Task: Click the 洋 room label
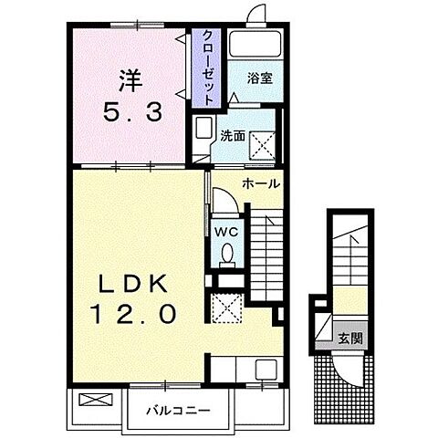pos(130,81)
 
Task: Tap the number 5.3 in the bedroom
pos(132,111)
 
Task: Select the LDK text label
pos(133,284)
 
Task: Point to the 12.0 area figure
pos(133,314)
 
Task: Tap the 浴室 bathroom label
pos(259,78)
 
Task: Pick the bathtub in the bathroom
pos(255,44)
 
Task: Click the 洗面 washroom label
pos(233,136)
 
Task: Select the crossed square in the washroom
pos(262,146)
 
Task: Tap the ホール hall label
pos(261,183)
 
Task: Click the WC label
pos(226,233)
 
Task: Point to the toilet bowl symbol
pos(227,253)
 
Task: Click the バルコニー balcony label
pos(178,411)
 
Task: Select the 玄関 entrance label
pos(350,338)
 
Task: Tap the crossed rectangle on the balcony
pos(96,400)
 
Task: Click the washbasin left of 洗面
pos(203,128)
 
